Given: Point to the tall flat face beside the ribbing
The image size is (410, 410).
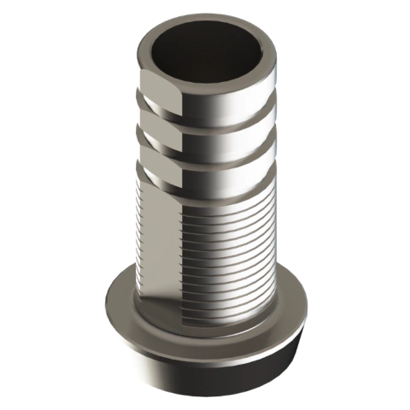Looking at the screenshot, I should (x=158, y=239).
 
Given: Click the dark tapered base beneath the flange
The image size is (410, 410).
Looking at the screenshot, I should (x=205, y=376).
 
